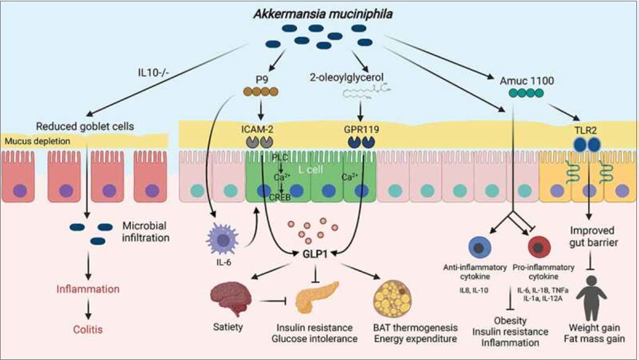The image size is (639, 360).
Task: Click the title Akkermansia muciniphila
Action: click(323, 14)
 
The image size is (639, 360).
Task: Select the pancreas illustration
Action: click(316, 297)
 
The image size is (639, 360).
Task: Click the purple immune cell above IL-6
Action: click(222, 240)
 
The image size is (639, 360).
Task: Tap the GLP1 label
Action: click(315, 253)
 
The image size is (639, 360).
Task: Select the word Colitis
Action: click(88, 330)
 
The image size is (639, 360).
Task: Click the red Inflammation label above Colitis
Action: click(88, 289)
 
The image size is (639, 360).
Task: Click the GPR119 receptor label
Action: click(362, 129)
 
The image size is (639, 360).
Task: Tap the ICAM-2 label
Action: click(257, 129)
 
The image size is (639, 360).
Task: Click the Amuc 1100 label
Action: click(527, 81)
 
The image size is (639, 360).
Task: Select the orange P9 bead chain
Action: click(261, 92)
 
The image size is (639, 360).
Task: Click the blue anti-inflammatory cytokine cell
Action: click(479, 247)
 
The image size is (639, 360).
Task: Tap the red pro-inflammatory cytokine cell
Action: click(539, 247)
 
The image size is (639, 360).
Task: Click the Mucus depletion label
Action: click(37, 141)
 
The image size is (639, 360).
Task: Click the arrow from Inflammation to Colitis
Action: click(88, 310)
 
